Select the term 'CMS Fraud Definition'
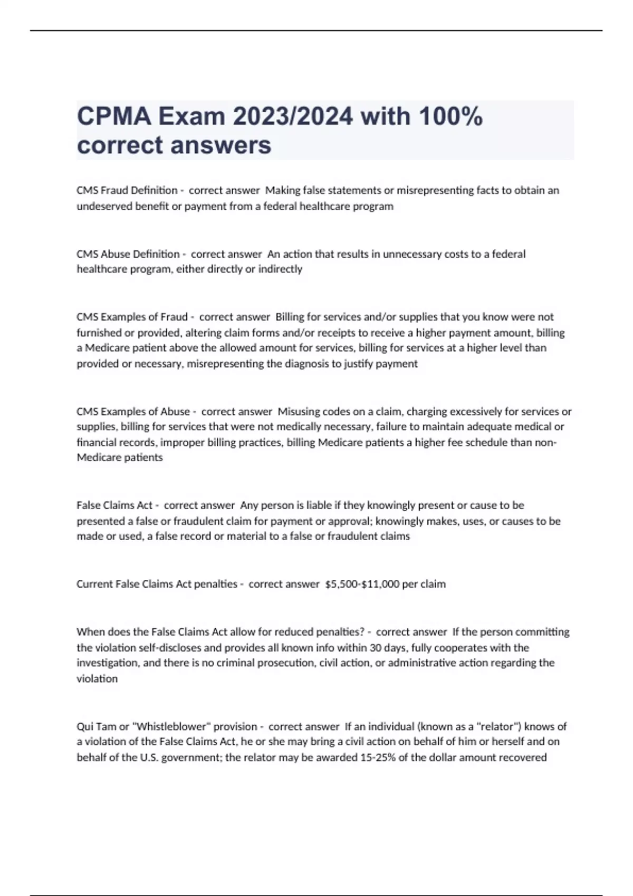[127, 190]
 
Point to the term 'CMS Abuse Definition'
[128, 254]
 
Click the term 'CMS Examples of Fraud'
[132, 317]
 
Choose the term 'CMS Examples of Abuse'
[133, 411]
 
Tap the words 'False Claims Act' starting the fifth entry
[114, 505]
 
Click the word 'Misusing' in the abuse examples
[298, 411]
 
